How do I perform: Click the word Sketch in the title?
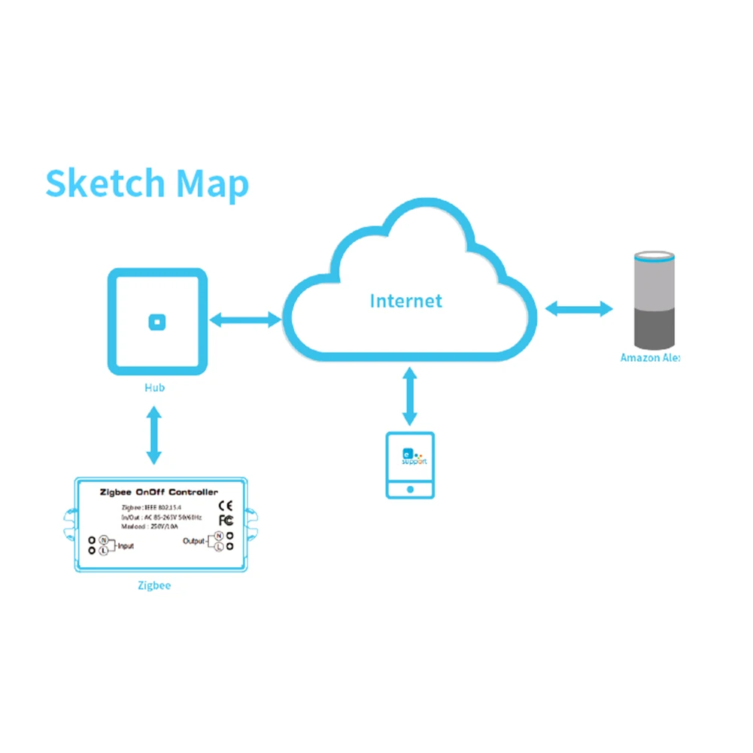click(105, 184)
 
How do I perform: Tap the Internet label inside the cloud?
click(405, 302)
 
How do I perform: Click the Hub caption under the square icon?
click(155, 388)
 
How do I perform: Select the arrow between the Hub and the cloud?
click(245, 321)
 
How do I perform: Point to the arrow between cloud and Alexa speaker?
click(578, 308)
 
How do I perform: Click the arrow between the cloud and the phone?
click(409, 396)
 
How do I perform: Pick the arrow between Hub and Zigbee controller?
click(154, 435)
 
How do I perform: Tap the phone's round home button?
click(410, 488)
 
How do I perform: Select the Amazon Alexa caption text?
click(649, 358)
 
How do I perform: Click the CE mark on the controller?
click(225, 506)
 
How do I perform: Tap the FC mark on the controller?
click(225, 521)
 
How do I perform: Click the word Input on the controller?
click(126, 545)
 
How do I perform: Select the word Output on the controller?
click(193, 541)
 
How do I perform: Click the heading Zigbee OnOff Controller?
click(159, 492)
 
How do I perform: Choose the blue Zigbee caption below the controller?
click(153, 584)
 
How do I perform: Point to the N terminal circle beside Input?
click(103, 540)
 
